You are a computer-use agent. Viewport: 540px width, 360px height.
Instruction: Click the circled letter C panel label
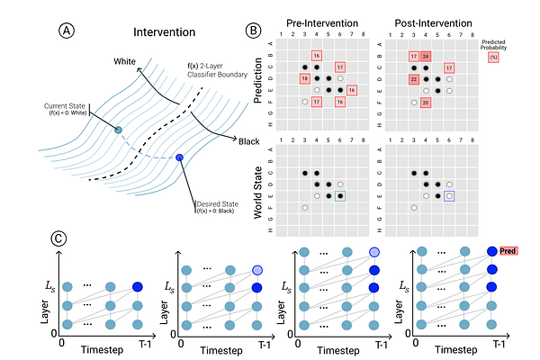point(58,238)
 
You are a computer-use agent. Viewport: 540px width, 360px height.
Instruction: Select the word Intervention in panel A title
point(164,32)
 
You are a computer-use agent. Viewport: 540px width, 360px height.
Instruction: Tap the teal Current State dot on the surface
point(118,130)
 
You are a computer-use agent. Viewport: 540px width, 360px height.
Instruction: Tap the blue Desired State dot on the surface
point(179,158)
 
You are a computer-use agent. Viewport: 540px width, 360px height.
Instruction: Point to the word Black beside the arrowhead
point(249,139)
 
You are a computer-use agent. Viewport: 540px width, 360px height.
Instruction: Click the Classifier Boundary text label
point(210,74)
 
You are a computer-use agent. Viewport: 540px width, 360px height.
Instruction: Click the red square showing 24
point(426,56)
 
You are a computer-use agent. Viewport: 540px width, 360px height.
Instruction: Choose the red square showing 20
point(426,103)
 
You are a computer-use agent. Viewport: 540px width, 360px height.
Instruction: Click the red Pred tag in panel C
point(509,255)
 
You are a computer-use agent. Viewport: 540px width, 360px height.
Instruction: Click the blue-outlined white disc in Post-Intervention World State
point(449,195)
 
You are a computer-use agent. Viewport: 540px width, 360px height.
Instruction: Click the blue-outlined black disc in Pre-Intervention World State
point(340,195)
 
